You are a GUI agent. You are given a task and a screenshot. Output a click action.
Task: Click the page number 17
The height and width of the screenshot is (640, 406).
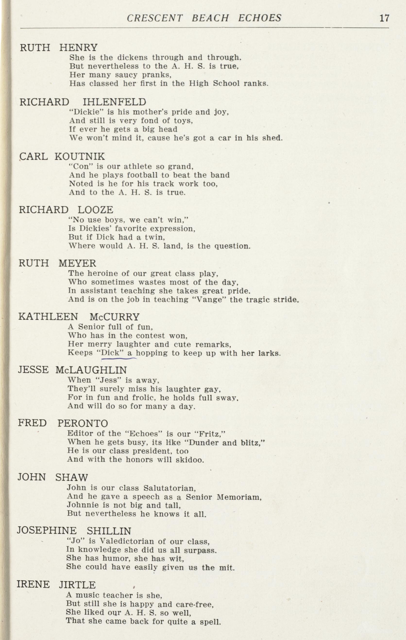click(x=384, y=18)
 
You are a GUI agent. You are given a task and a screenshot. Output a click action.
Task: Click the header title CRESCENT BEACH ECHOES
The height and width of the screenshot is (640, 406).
click(x=204, y=18)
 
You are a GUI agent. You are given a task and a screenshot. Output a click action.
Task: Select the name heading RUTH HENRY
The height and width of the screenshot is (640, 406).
click(x=59, y=48)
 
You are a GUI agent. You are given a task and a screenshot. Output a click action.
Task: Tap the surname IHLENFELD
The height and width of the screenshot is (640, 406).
click(x=114, y=102)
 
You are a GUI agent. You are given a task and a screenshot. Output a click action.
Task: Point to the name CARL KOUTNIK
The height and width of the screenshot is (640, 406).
click(x=62, y=156)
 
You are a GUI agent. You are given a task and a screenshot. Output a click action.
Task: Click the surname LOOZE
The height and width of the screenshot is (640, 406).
click(x=95, y=210)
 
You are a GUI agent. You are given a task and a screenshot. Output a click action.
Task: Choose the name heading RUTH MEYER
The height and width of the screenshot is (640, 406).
click(x=58, y=263)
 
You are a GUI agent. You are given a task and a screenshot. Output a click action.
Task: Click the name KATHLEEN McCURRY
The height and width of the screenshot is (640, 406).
click(x=79, y=317)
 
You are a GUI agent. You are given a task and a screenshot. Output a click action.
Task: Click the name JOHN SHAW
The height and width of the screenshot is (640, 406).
click(x=53, y=477)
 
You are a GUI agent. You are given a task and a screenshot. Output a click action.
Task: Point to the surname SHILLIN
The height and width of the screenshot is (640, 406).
click(x=109, y=531)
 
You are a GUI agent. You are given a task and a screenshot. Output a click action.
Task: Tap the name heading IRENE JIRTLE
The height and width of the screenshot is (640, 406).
click(x=56, y=585)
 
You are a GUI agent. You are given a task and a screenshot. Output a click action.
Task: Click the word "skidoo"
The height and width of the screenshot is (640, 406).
click(x=190, y=460)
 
